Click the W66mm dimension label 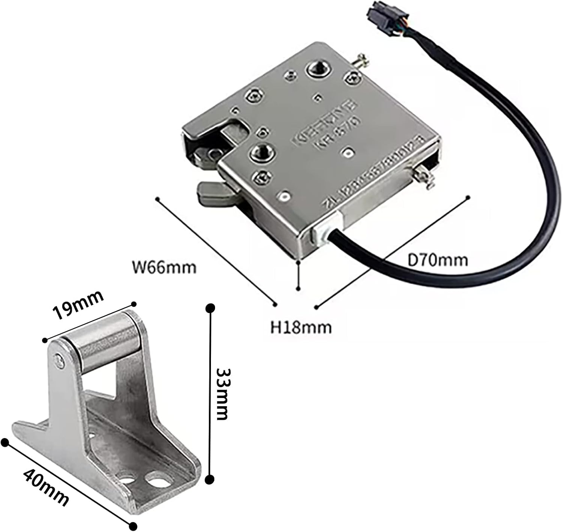pyautogui.click(x=164, y=268)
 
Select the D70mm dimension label pyautogui.click(x=438, y=260)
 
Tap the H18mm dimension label pyautogui.click(x=301, y=327)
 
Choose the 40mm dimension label pyautogui.click(x=46, y=488)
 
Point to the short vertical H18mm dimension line pyautogui.click(x=298, y=275)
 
